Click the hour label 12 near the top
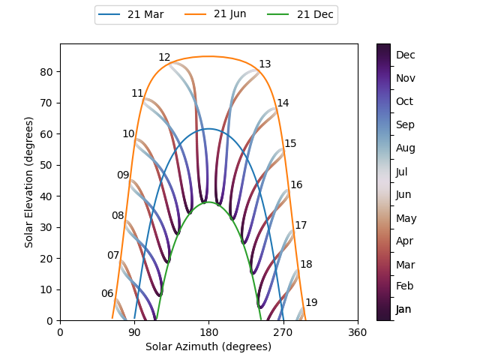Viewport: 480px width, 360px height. click(x=164, y=58)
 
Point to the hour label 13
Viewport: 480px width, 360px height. click(x=265, y=64)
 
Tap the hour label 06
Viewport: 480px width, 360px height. click(x=107, y=294)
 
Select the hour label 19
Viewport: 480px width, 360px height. click(x=311, y=303)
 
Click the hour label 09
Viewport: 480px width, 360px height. click(x=123, y=175)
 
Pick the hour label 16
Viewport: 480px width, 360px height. click(x=296, y=185)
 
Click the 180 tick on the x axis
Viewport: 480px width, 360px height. click(x=208, y=332)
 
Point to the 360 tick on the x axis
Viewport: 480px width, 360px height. click(x=358, y=332)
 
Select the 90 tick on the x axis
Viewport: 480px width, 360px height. click(x=134, y=332)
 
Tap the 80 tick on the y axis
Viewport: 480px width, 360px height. click(x=47, y=72)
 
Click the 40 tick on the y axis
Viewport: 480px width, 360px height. click(x=47, y=196)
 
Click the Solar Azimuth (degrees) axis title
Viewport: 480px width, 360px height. click(x=208, y=346)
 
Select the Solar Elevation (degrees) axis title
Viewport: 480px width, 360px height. click(x=29, y=182)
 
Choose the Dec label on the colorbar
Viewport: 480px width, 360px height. click(x=406, y=55)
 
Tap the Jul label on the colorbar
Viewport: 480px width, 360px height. click(x=402, y=172)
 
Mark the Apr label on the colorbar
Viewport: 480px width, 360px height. click(x=403, y=241)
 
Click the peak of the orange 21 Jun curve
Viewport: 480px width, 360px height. click(x=208, y=56)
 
